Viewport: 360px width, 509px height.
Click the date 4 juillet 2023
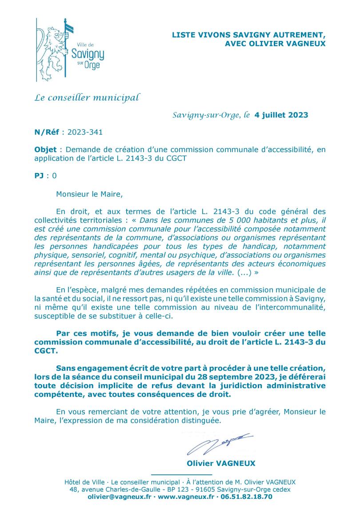281,115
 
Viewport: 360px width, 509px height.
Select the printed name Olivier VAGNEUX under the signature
221,463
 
